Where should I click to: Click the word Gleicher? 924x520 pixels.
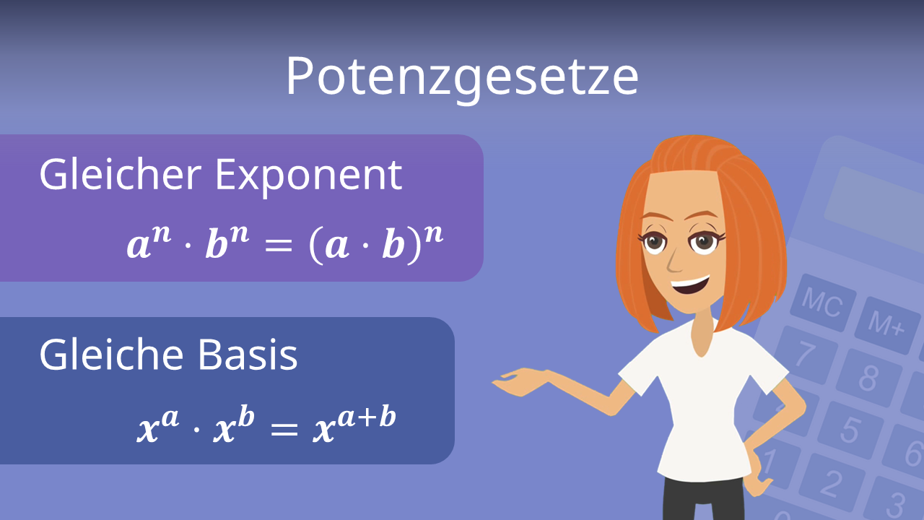pos(120,175)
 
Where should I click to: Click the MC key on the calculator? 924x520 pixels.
pos(821,302)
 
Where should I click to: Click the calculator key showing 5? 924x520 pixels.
pos(850,430)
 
